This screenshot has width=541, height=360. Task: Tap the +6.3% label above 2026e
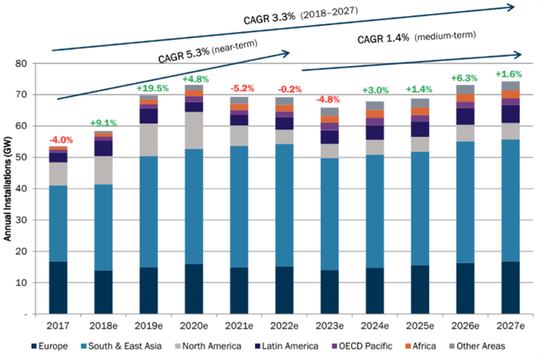click(464, 79)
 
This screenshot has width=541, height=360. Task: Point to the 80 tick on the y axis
click(23, 63)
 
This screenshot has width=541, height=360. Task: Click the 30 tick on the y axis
click(23, 220)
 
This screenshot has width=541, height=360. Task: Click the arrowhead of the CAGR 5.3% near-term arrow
click(286, 53)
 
